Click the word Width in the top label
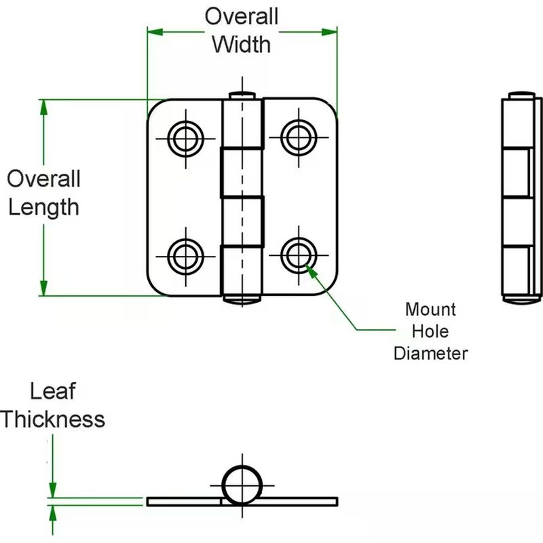[x=242, y=44]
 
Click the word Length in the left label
[x=43, y=206]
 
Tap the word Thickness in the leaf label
[x=53, y=419]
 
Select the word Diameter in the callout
[x=431, y=353]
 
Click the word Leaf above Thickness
[x=52, y=391]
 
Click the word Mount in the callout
[x=431, y=310]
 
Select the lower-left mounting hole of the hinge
[x=183, y=256]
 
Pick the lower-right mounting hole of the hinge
[x=296, y=256]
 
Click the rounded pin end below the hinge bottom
[x=242, y=298]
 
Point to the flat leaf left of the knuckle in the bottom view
[x=183, y=502]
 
